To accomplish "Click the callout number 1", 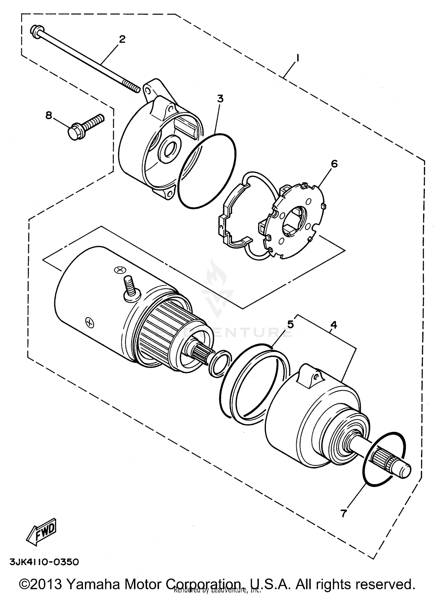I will click(297, 59).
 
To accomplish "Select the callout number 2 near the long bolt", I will click(122, 39).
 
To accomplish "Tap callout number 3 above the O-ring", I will click(220, 99).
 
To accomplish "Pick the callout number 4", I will click(333, 325).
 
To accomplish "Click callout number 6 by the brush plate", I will click(334, 164).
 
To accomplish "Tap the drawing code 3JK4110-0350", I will click(44, 562).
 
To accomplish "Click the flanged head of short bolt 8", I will click(75, 133).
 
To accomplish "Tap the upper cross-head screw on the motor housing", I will click(119, 270).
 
